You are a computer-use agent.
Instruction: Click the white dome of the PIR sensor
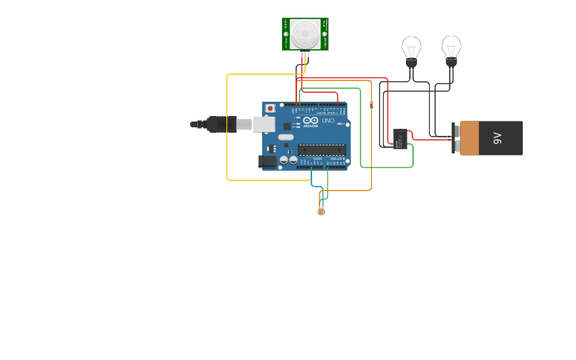pyautogui.click(x=305, y=33)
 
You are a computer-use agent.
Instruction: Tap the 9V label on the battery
pyautogui.click(x=498, y=137)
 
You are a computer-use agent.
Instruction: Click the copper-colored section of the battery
pyautogui.click(x=470, y=138)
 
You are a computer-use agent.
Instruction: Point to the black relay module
pyautogui.click(x=400, y=138)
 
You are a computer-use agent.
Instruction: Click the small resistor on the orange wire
pyautogui.click(x=371, y=104)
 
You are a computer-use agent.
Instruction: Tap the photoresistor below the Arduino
pyautogui.click(x=321, y=211)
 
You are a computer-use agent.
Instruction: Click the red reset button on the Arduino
pyautogui.click(x=270, y=108)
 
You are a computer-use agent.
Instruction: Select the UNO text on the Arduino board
pyautogui.click(x=328, y=121)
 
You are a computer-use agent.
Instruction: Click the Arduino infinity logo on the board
pyautogui.click(x=311, y=120)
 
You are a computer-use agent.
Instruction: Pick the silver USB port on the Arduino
pyautogui.click(x=264, y=124)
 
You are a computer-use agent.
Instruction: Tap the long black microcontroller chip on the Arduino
pyautogui.click(x=322, y=149)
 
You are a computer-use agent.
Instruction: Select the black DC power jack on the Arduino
pyautogui.click(x=268, y=161)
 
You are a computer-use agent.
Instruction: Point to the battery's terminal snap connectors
pyautogui.click(x=455, y=138)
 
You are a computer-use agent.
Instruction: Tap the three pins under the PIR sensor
pyautogui.click(x=305, y=54)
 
